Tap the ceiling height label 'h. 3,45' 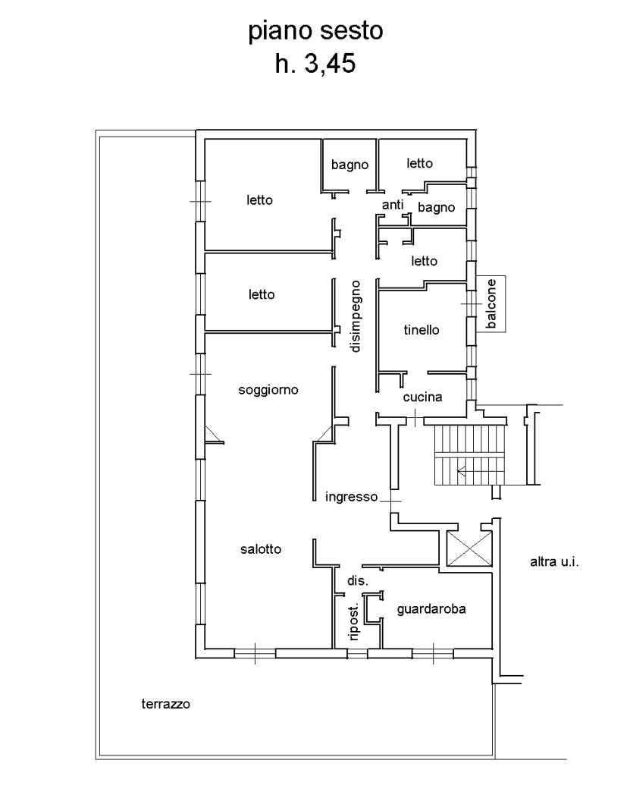coord(315,64)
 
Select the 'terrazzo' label coord(166,704)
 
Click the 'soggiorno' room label coord(268,391)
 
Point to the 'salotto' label coord(261,548)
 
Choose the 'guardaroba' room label coord(431,609)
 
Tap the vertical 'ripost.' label coord(354,621)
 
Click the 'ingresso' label coord(351,497)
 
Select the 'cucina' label coord(422,397)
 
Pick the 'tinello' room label coord(422,330)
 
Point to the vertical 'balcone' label coord(491,304)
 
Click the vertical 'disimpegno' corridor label coord(355,316)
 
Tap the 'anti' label coord(393,205)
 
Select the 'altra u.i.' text coord(554,562)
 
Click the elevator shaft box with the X coord(469,548)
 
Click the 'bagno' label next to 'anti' coord(436,208)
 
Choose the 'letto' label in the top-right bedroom coord(419,163)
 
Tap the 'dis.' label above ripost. coord(358,581)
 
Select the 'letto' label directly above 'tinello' coord(424,261)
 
